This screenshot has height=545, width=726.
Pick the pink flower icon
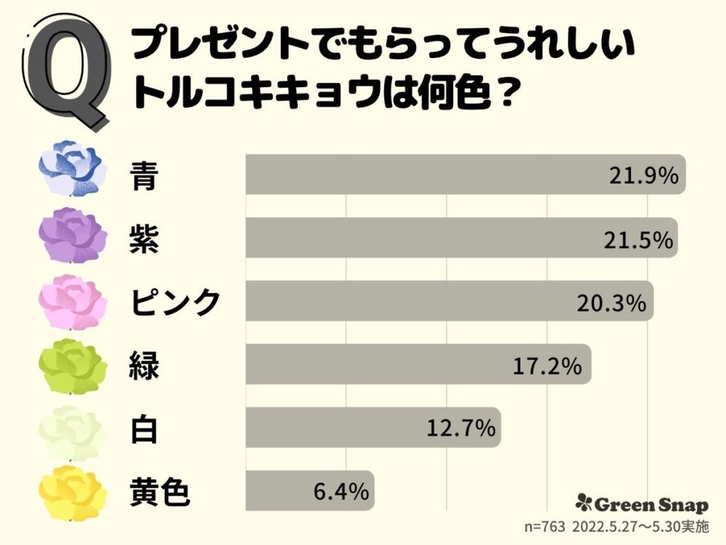tap(73, 300)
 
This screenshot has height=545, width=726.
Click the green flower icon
tap(73, 365)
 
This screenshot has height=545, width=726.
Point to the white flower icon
tap(73, 430)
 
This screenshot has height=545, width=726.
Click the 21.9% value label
tap(642, 175)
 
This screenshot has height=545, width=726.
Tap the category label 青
tap(144, 175)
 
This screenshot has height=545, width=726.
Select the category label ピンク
tap(175, 302)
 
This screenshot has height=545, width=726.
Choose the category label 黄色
tap(160, 493)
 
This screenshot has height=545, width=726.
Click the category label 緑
tap(144, 366)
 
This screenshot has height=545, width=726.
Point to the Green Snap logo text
tap(643, 503)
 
